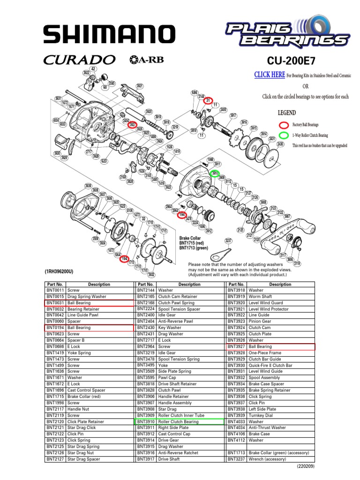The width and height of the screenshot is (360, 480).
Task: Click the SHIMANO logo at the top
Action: [x=107, y=34]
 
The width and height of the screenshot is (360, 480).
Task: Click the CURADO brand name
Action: [x=80, y=60]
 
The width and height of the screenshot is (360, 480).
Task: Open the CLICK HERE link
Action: [x=269, y=75]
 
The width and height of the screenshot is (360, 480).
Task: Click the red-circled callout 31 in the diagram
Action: [x=209, y=100]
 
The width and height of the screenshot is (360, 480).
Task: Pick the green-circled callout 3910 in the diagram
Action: [x=215, y=173]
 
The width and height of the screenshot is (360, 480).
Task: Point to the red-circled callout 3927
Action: [x=132, y=125]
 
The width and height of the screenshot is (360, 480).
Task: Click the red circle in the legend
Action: [x=284, y=125]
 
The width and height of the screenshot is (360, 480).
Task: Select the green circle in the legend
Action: [x=284, y=135]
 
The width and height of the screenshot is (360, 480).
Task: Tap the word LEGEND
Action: [x=286, y=113]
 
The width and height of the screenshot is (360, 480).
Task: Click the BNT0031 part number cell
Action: [x=55, y=303]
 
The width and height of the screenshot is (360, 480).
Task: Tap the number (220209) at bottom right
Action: [x=305, y=467]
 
